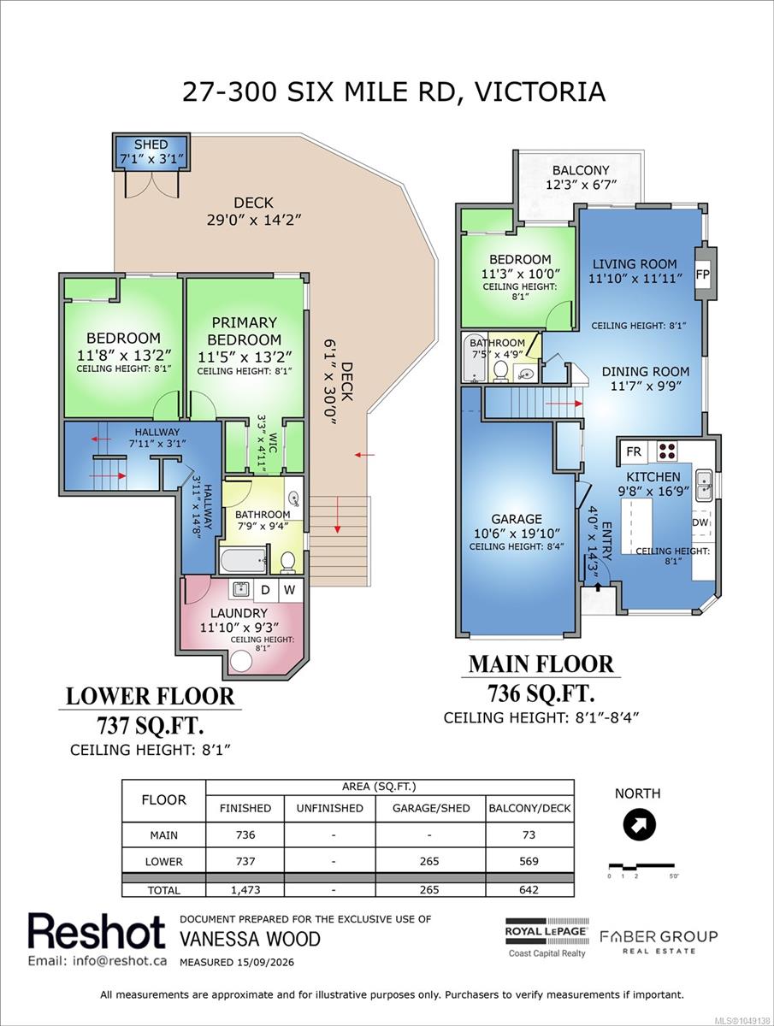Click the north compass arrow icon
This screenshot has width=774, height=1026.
coord(639,825)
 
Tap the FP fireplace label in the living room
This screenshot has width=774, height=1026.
coord(702,274)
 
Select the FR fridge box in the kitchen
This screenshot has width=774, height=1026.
coord(634,451)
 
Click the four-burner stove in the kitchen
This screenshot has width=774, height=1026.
coord(667,450)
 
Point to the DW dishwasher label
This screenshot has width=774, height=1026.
coord(700,522)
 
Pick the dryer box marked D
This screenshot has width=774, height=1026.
coord(265,590)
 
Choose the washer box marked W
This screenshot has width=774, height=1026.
coord(290,590)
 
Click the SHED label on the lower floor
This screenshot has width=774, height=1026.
coord(151,144)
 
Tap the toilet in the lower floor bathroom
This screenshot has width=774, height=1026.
coord(288,562)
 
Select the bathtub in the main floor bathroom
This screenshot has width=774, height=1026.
coord(476,357)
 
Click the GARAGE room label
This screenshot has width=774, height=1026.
coord(517,519)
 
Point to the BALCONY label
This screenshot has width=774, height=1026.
coord(581,170)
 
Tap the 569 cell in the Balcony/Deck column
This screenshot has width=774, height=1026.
coord(529,861)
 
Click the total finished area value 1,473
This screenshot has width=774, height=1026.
coord(245,889)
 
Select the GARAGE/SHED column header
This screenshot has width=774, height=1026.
coord(431,808)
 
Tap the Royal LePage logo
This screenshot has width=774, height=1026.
coord(547,936)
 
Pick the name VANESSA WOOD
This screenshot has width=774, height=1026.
coord(250,939)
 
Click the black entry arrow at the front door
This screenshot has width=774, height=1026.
coord(598,587)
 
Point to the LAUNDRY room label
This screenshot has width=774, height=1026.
coord(239,613)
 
